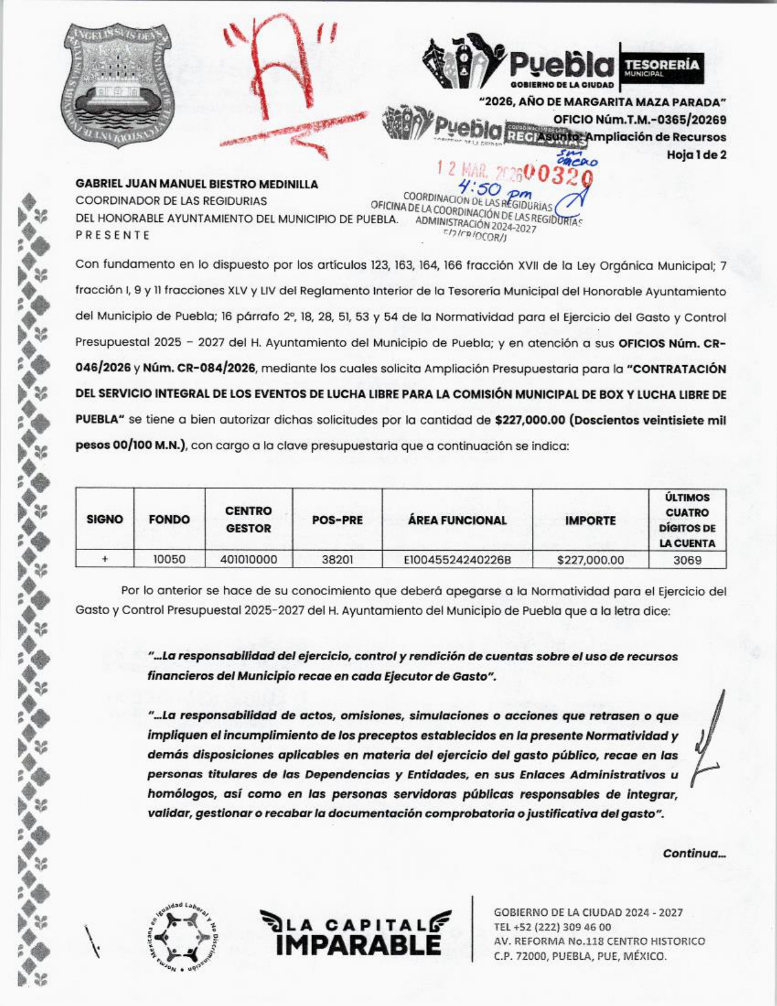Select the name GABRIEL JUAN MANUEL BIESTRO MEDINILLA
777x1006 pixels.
(x=197, y=184)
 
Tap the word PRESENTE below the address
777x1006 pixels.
(x=113, y=235)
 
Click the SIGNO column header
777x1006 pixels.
(x=105, y=520)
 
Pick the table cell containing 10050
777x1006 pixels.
(x=169, y=560)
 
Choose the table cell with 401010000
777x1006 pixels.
(x=249, y=560)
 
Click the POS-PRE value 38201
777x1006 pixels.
(x=337, y=560)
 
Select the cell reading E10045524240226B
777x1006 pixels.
(x=457, y=560)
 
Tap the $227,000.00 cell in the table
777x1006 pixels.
(x=590, y=560)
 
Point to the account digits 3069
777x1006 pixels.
(x=687, y=560)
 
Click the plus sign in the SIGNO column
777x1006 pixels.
(x=105, y=560)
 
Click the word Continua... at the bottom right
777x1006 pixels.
(x=694, y=853)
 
